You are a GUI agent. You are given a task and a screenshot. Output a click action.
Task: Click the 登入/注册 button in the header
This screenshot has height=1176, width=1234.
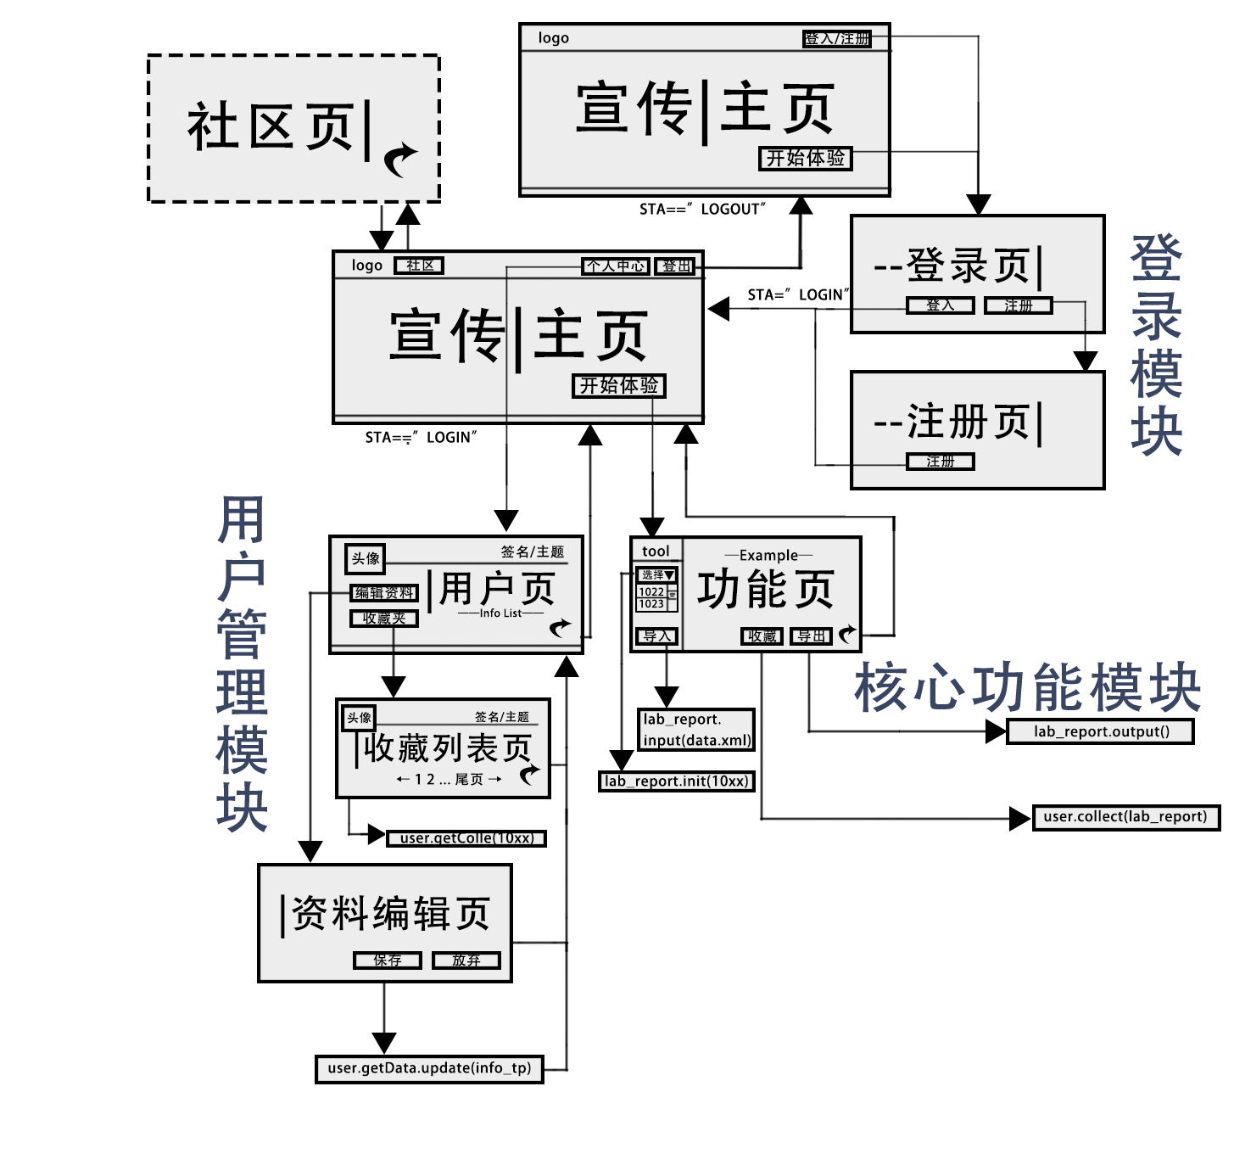pos(837,38)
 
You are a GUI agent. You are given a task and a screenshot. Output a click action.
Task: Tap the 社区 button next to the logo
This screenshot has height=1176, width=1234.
pos(419,266)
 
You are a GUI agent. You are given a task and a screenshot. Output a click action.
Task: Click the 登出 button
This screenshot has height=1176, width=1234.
pos(677,266)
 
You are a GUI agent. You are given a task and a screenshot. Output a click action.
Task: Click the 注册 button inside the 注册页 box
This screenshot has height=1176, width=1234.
pos(940,462)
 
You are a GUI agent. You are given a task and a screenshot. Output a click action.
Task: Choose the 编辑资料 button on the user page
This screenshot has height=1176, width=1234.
pos(384,593)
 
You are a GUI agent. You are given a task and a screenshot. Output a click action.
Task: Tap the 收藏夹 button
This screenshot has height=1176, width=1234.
pos(384,619)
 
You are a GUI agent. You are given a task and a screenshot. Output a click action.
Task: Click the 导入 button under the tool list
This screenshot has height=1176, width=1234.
pos(656,636)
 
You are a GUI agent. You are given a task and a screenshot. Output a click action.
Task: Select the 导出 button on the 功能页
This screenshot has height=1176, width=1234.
pos(811,636)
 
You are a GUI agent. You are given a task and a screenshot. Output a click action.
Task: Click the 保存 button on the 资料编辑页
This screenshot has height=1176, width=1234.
pos(388,960)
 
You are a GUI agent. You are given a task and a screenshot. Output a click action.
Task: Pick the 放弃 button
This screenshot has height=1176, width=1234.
pos(466,960)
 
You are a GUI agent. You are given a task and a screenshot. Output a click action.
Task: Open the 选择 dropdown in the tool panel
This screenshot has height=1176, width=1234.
pos(657,575)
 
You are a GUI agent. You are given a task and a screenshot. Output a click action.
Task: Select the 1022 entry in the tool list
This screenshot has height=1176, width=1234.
pos(651,592)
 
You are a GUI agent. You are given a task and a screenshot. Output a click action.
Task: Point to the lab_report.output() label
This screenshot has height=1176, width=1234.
pos(1101,731)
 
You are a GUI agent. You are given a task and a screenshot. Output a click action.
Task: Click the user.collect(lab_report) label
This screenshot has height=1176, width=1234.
pos(1125,817)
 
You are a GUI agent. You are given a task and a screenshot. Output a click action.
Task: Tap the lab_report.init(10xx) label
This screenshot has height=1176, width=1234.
pos(676,781)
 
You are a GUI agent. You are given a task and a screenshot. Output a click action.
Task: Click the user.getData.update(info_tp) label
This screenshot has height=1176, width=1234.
pos(429,1068)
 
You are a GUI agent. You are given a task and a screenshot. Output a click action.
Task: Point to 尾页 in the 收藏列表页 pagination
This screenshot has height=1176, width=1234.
pos(469,779)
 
